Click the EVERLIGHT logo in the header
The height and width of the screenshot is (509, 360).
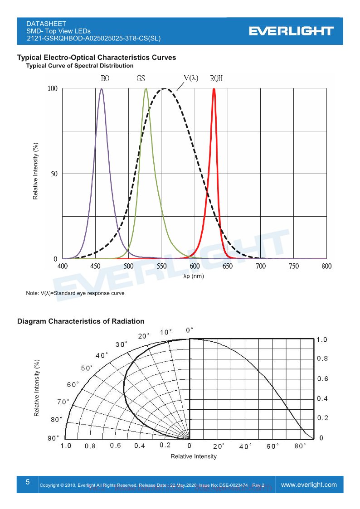tap(291, 31)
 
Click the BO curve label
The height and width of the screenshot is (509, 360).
tap(105, 78)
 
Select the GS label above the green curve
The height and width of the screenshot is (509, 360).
tap(141, 78)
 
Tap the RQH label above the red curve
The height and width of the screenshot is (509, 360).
tap(216, 78)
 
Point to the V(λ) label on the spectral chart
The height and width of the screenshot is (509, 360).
tap(191, 78)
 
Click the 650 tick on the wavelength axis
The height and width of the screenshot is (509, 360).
tap(228, 267)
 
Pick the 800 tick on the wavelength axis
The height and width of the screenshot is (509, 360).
tap(326, 267)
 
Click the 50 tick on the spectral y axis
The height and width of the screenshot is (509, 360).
tap(53, 174)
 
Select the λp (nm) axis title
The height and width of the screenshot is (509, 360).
tap(194, 276)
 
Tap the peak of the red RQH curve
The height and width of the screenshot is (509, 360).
tap(214, 89)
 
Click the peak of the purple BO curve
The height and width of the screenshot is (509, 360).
tap(102, 89)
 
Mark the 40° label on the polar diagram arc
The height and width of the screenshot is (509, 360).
tap(102, 355)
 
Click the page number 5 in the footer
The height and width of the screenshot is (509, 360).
tap(28, 482)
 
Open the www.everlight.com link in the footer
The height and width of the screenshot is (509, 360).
tap(309, 485)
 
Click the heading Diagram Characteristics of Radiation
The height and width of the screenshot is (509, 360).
tap(81, 321)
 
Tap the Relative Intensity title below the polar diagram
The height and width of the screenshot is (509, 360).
tap(194, 456)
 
